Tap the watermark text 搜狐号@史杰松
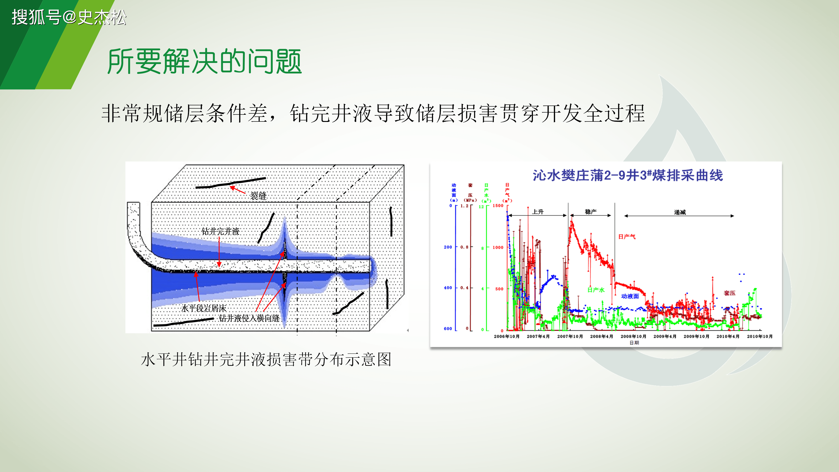point(69,17)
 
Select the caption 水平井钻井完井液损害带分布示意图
point(266,360)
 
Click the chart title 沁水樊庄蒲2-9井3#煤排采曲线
point(628,175)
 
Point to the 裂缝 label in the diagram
point(258,196)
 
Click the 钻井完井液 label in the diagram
point(220,231)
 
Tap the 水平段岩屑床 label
point(204,308)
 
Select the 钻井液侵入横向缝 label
point(249,318)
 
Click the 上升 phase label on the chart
point(538,212)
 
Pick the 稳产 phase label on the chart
point(591,212)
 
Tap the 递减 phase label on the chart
point(680,212)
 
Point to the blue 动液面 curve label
point(630,296)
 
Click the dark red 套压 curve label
point(730,293)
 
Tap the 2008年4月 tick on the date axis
point(602,336)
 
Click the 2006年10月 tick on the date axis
point(506,336)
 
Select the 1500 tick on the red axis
point(498,206)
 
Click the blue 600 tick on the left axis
point(448,329)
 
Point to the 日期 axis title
point(634,343)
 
